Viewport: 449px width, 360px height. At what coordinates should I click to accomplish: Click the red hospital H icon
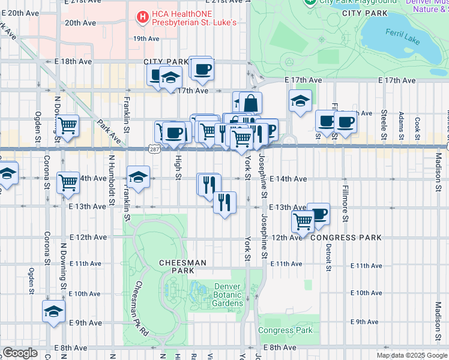(x=143, y=18)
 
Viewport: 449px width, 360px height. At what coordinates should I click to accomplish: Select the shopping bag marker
(x=251, y=103)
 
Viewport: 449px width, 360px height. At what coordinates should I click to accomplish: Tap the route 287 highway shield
(x=155, y=148)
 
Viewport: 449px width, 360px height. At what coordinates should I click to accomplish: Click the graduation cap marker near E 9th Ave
(x=53, y=311)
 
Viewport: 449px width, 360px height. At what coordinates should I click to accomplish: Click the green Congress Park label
(x=285, y=331)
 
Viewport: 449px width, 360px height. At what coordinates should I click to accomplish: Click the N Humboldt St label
(x=111, y=178)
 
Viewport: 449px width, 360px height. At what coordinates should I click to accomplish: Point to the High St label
(x=178, y=167)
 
